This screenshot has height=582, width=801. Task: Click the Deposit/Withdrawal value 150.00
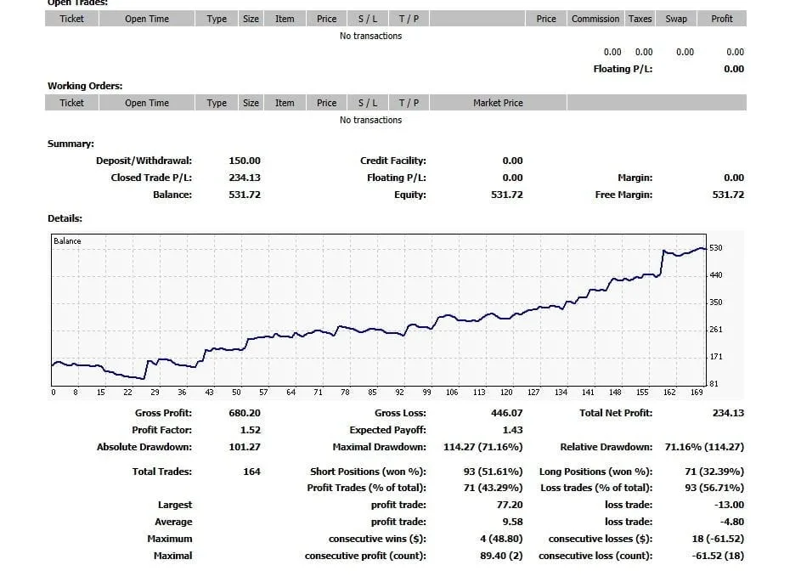(245, 161)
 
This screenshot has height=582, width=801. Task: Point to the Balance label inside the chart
(68, 241)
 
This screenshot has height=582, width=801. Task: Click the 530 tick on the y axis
(715, 248)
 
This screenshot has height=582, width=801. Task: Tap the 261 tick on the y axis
(715, 330)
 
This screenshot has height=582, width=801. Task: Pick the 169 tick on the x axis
(697, 392)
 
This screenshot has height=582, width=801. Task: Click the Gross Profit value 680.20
(245, 413)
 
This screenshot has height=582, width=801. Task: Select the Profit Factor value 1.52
(250, 430)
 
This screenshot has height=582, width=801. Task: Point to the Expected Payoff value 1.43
(512, 430)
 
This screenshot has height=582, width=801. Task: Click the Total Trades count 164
(251, 472)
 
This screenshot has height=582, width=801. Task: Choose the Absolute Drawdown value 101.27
(245, 447)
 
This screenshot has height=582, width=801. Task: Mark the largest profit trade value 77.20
(508, 505)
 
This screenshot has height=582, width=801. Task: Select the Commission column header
(595, 19)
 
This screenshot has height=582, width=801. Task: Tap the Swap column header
(676, 19)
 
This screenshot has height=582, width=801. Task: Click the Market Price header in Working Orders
(498, 103)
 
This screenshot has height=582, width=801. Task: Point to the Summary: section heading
(71, 144)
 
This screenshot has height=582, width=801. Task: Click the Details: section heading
(65, 218)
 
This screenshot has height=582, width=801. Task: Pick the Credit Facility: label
(392, 161)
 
